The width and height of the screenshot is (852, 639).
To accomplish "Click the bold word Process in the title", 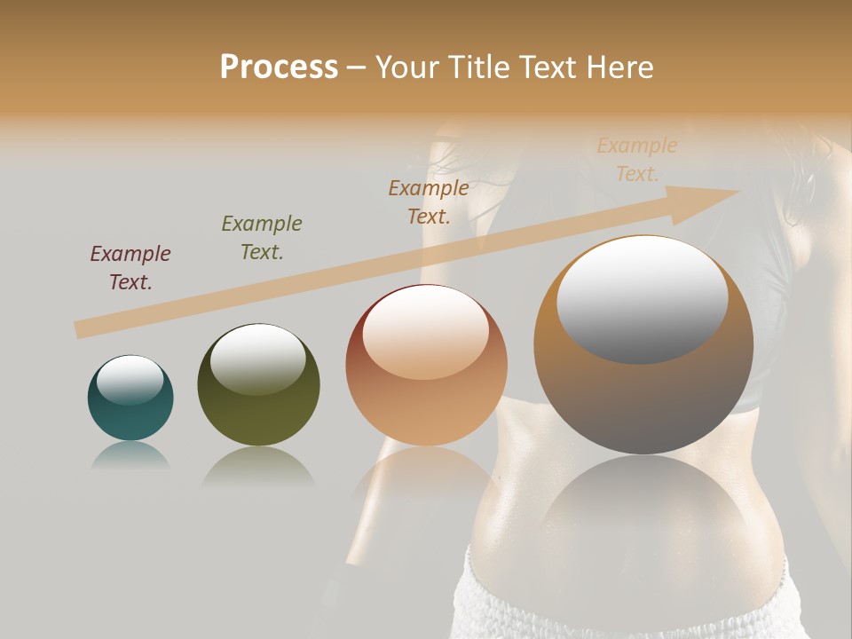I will tap(279, 67).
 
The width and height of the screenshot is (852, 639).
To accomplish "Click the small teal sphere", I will tap(130, 398).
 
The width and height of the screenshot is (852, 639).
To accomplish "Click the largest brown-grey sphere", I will tap(643, 345).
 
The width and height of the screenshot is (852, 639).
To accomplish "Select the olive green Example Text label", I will tap(262, 238).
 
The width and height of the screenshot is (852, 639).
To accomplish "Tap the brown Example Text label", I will tap(429, 202).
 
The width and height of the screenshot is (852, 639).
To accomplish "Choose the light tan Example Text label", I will tap(637, 160).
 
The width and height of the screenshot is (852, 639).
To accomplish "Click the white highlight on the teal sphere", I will tap(130, 379).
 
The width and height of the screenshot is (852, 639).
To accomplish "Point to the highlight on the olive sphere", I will tap(257, 359).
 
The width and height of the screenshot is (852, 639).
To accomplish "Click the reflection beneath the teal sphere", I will tap(130, 455).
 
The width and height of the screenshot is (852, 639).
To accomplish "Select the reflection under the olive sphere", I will tap(258, 466).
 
